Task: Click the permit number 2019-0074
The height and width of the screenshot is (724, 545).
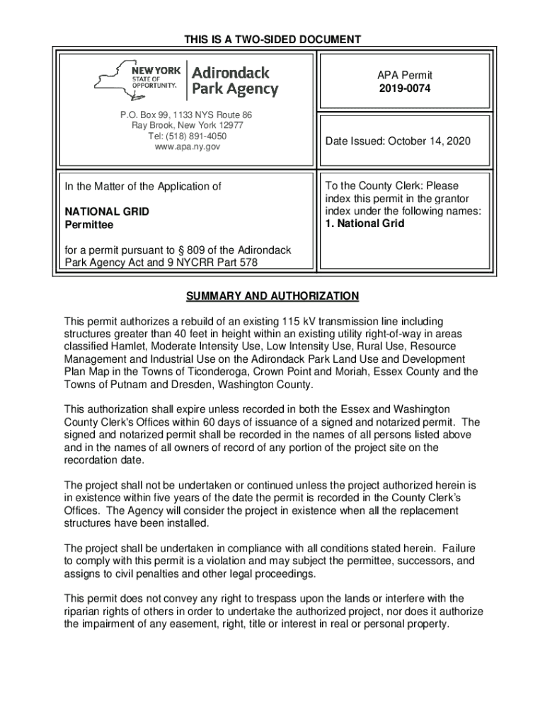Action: tap(404, 88)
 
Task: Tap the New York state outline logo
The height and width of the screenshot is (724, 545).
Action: tap(122, 78)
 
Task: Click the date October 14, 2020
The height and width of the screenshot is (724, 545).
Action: tap(430, 142)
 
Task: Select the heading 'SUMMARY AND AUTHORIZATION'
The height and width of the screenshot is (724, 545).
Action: tap(272, 296)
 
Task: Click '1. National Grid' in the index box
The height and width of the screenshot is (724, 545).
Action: tap(365, 223)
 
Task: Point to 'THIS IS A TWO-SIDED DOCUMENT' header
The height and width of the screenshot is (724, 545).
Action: tap(272, 40)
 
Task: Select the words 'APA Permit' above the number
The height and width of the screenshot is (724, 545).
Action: tap(404, 75)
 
